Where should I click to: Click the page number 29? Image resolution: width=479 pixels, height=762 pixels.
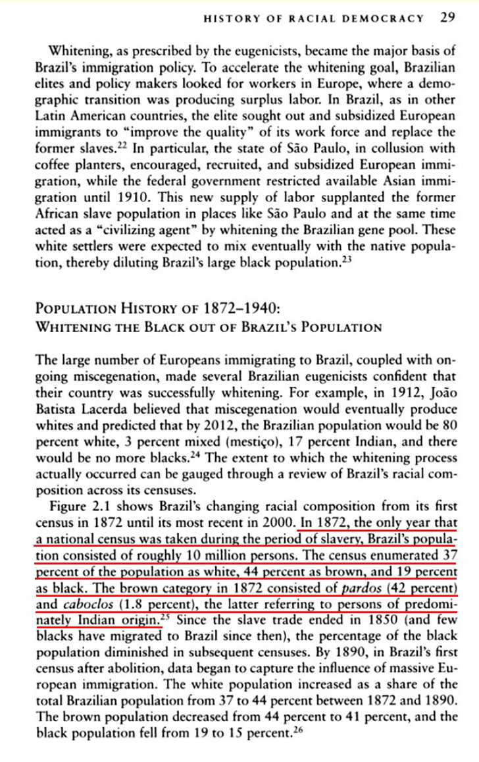[x=447, y=18]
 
